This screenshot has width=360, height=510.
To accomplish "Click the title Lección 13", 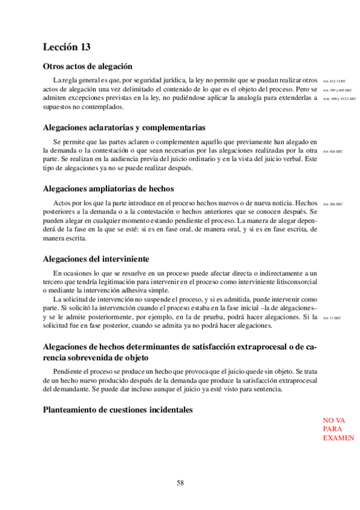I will (67, 47).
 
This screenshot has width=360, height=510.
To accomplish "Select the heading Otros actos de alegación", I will (88, 66).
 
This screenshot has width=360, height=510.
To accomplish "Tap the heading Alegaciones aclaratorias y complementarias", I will (124, 127).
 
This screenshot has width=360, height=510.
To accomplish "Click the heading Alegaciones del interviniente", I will (96, 259).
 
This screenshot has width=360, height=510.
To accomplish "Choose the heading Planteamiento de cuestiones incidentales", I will (118, 410).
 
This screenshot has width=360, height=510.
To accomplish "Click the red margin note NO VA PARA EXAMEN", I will (338, 429).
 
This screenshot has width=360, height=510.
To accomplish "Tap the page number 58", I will (180, 482).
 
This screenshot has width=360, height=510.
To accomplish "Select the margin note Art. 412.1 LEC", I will (335, 81).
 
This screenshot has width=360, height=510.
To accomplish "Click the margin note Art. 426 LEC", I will (332, 152).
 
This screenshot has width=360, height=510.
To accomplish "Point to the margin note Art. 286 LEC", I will (332, 204).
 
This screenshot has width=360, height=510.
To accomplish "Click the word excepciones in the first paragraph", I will (89, 98).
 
